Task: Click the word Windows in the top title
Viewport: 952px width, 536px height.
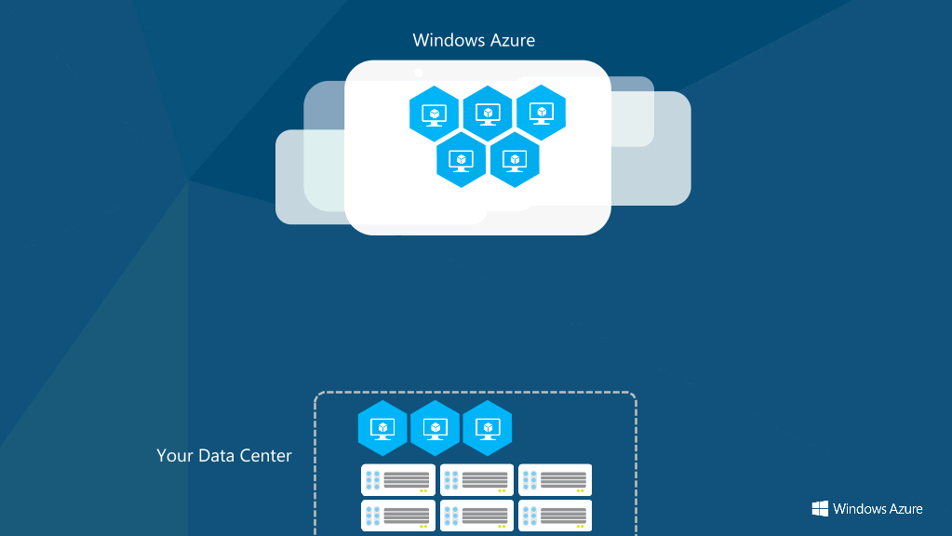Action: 449,40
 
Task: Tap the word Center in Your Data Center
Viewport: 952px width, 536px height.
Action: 265,455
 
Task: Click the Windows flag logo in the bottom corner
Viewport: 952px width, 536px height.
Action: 820,509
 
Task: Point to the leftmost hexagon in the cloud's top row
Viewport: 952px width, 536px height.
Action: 434,114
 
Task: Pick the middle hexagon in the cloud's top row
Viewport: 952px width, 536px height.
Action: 488,114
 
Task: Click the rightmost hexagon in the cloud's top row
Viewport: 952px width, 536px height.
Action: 541,113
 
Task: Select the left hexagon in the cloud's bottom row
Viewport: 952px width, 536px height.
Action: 461,160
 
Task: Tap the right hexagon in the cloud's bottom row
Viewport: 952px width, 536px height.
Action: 515,160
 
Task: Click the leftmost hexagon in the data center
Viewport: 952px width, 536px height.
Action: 382,428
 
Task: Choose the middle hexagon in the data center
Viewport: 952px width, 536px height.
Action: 435,428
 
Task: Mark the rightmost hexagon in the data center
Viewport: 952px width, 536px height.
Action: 487,428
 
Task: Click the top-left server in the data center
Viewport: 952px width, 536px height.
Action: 398,480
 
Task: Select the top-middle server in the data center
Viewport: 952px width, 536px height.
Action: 476,480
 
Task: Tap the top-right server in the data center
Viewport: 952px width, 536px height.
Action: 555,480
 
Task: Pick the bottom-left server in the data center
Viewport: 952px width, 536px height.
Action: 398,516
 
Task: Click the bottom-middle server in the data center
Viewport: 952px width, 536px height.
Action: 476,516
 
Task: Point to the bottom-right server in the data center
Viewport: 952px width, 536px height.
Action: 555,516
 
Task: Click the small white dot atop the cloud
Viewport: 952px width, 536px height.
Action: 419,73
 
